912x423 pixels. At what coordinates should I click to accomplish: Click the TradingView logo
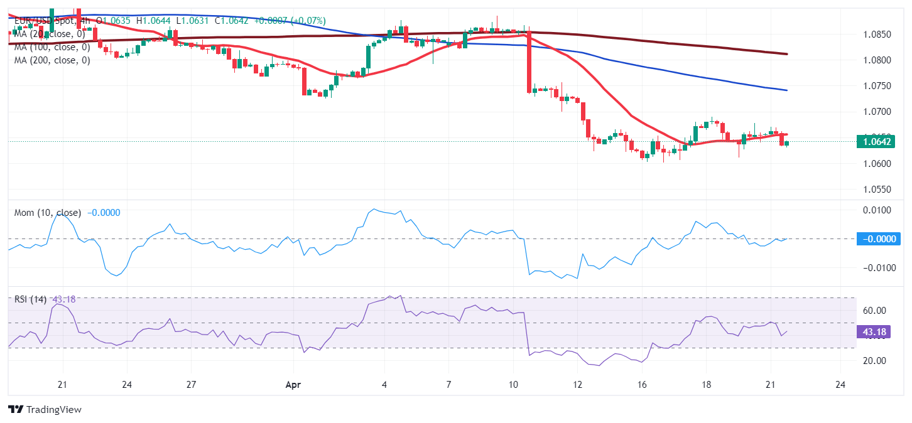(x=45, y=410)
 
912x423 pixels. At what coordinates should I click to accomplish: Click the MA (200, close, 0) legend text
(x=52, y=60)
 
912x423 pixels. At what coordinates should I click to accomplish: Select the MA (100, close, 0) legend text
(x=52, y=47)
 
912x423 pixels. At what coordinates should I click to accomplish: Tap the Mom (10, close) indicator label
(x=48, y=213)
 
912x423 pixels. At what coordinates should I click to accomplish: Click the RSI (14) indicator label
(x=30, y=299)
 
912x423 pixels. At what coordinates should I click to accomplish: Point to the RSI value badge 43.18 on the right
(x=877, y=331)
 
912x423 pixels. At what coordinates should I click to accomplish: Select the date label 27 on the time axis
(x=192, y=384)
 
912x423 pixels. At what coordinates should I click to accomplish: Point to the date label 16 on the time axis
(x=642, y=384)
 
